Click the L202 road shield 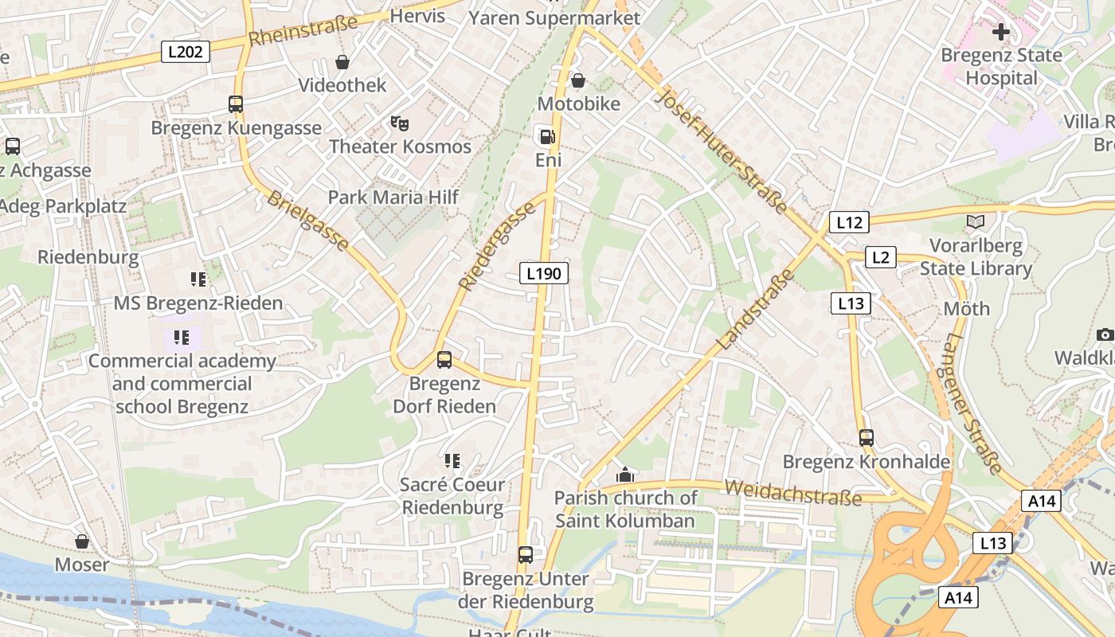pyautogui.click(x=186, y=53)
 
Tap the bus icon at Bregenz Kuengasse pyautogui.click(x=236, y=104)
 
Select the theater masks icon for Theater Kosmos pyautogui.click(x=400, y=123)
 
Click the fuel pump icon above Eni pyautogui.click(x=547, y=137)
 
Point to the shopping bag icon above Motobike pyautogui.click(x=578, y=80)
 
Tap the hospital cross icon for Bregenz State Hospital pyautogui.click(x=1001, y=32)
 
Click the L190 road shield pyautogui.click(x=545, y=274)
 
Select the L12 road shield pyautogui.click(x=849, y=222)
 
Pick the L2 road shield pyautogui.click(x=879, y=257)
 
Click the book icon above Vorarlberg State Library pyautogui.click(x=975, y=222)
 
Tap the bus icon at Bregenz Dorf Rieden pyautogui.click(x=444, y=360)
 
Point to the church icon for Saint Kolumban pyautogui.click(x=625, y=475)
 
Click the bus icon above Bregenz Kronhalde pyautogui.click(x=867, y=438)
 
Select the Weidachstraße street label pyautogui.click(x=794, y=493)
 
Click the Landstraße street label pyautogui.click(x=757, y=311)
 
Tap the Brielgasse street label pyautogui.click(x=307, y=221)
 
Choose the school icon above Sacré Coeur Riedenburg pyautogui.click(x=452, y=461)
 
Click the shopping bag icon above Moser pyautogui.click(x=82, y=542)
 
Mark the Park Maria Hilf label pyautogui.click(x=393, y=197)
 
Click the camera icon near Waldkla pyautogui.click(x=1105, y=335)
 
